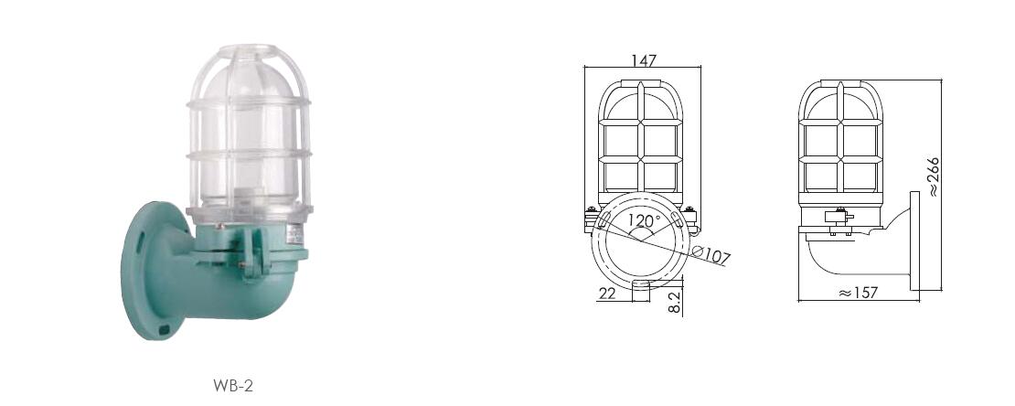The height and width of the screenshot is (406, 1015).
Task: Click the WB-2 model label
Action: [233, 386]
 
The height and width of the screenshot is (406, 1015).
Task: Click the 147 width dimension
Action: [644, 60]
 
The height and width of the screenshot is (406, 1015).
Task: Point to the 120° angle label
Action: [644, 220]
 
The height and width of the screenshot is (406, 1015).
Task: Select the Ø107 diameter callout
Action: [710, 254]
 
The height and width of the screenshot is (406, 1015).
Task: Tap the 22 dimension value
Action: [606, 294]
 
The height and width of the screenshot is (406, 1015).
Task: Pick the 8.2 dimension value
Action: [675, 303]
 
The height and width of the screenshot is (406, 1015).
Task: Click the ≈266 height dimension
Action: [933, 176]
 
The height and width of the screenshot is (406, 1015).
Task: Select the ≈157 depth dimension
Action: [859, 293]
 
